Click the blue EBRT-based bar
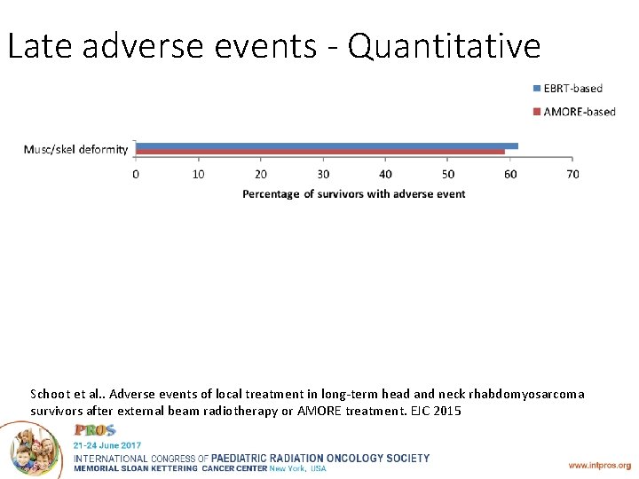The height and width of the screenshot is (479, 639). pos(327,145)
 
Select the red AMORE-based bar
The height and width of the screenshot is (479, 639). pos(319,152)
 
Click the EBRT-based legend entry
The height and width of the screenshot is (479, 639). pos(567,88)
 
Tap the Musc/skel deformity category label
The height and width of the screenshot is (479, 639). pos(75,149)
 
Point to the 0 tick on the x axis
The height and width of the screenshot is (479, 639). pos(136,174)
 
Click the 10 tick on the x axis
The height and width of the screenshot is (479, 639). pos(198,174)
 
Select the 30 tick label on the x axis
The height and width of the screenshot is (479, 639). pos(323,174)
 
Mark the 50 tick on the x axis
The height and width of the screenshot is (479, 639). pos(448,174)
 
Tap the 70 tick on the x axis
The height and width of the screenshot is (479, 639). pos(572,174)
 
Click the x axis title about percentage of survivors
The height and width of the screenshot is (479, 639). pos(353,193)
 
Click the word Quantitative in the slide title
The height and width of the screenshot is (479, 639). pos(444,46)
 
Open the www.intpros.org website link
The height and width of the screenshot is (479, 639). pos(600,465)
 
